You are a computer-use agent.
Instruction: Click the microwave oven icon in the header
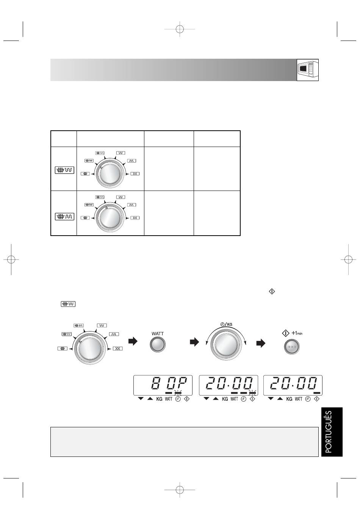point(307,70)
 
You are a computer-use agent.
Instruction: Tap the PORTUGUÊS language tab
point(332,432)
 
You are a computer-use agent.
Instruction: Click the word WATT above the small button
point(157,334)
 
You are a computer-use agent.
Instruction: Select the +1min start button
point(292,347)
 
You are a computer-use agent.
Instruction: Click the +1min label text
point(297,333)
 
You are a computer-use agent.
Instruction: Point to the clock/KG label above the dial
point(226,324)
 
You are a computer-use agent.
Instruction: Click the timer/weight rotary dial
point(226,344)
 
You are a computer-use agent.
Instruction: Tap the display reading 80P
point(163,385)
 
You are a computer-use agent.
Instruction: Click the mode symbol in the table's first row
point(64,170)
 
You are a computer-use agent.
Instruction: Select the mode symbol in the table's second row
point(64,216)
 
